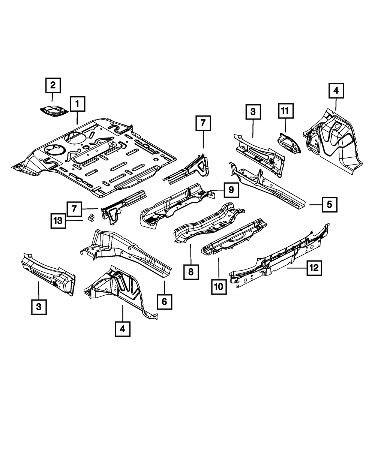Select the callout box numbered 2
click(x=52, y=85)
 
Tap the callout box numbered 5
click(x=329, y=205)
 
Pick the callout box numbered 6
click(x=165, y=300)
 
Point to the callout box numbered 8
click(x=191, y=272)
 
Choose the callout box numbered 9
click(x=231, y=190)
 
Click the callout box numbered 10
click(x=219, y=287)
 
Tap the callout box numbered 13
click(x=58, y=221)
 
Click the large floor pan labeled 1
click(x=97, y=157)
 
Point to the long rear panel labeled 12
click(x=281, y=259)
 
